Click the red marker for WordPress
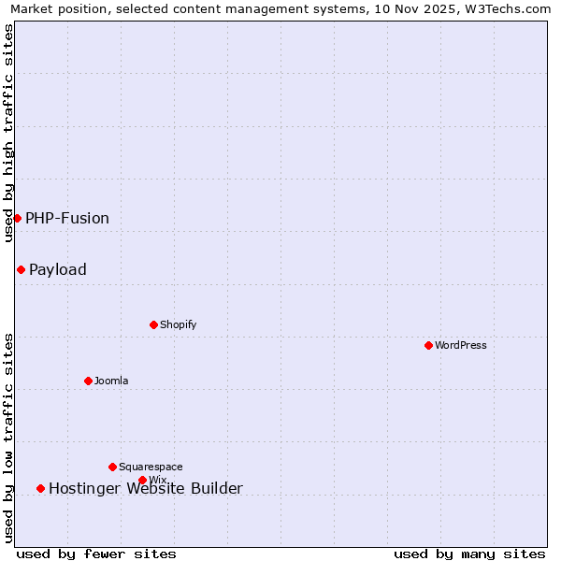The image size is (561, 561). [x=428, y=345]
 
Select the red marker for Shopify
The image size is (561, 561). [x=153, y=324]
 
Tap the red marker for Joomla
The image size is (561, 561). [x=88, y=381]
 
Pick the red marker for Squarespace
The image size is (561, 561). [x=112, y=467]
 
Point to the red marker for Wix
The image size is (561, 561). [x=142, y=480]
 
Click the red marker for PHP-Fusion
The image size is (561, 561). [x=17, y=218]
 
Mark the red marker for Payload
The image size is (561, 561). [x=21, y=269]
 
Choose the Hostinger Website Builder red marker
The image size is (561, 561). [x=40, y=488]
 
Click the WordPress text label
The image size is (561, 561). [x=461, y=345]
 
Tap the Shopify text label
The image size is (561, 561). [x=178, y=324]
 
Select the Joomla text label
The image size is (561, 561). [x=111, y=381]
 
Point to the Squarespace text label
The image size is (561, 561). [x=151, y=467]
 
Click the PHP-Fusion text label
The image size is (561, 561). [x=67, y=218]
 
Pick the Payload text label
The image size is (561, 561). [x=58, y=269]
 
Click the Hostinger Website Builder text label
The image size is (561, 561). [x=146, y=488]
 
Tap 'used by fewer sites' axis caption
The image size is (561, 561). [x=96, y=554]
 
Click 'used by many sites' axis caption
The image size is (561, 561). [x=469, y=554]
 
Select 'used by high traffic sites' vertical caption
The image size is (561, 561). [x=8, y=133]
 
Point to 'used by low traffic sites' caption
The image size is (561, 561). [x=8, y=438]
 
